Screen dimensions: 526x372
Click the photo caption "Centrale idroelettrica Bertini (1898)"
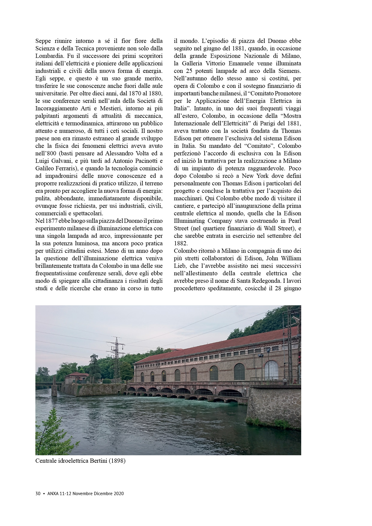[80, 461]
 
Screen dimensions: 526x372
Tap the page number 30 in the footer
[38, 494]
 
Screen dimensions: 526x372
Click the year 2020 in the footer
[118, 494]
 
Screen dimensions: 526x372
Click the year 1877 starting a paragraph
[49, 221]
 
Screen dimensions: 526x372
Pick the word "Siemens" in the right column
[290, 71]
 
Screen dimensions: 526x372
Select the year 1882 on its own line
[180, 243]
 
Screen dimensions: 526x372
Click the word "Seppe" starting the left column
[43, 41]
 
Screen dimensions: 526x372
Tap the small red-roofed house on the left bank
[76, 378]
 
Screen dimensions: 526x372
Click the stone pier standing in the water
[54, 390]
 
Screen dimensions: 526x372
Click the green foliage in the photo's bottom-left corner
[45, 438]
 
